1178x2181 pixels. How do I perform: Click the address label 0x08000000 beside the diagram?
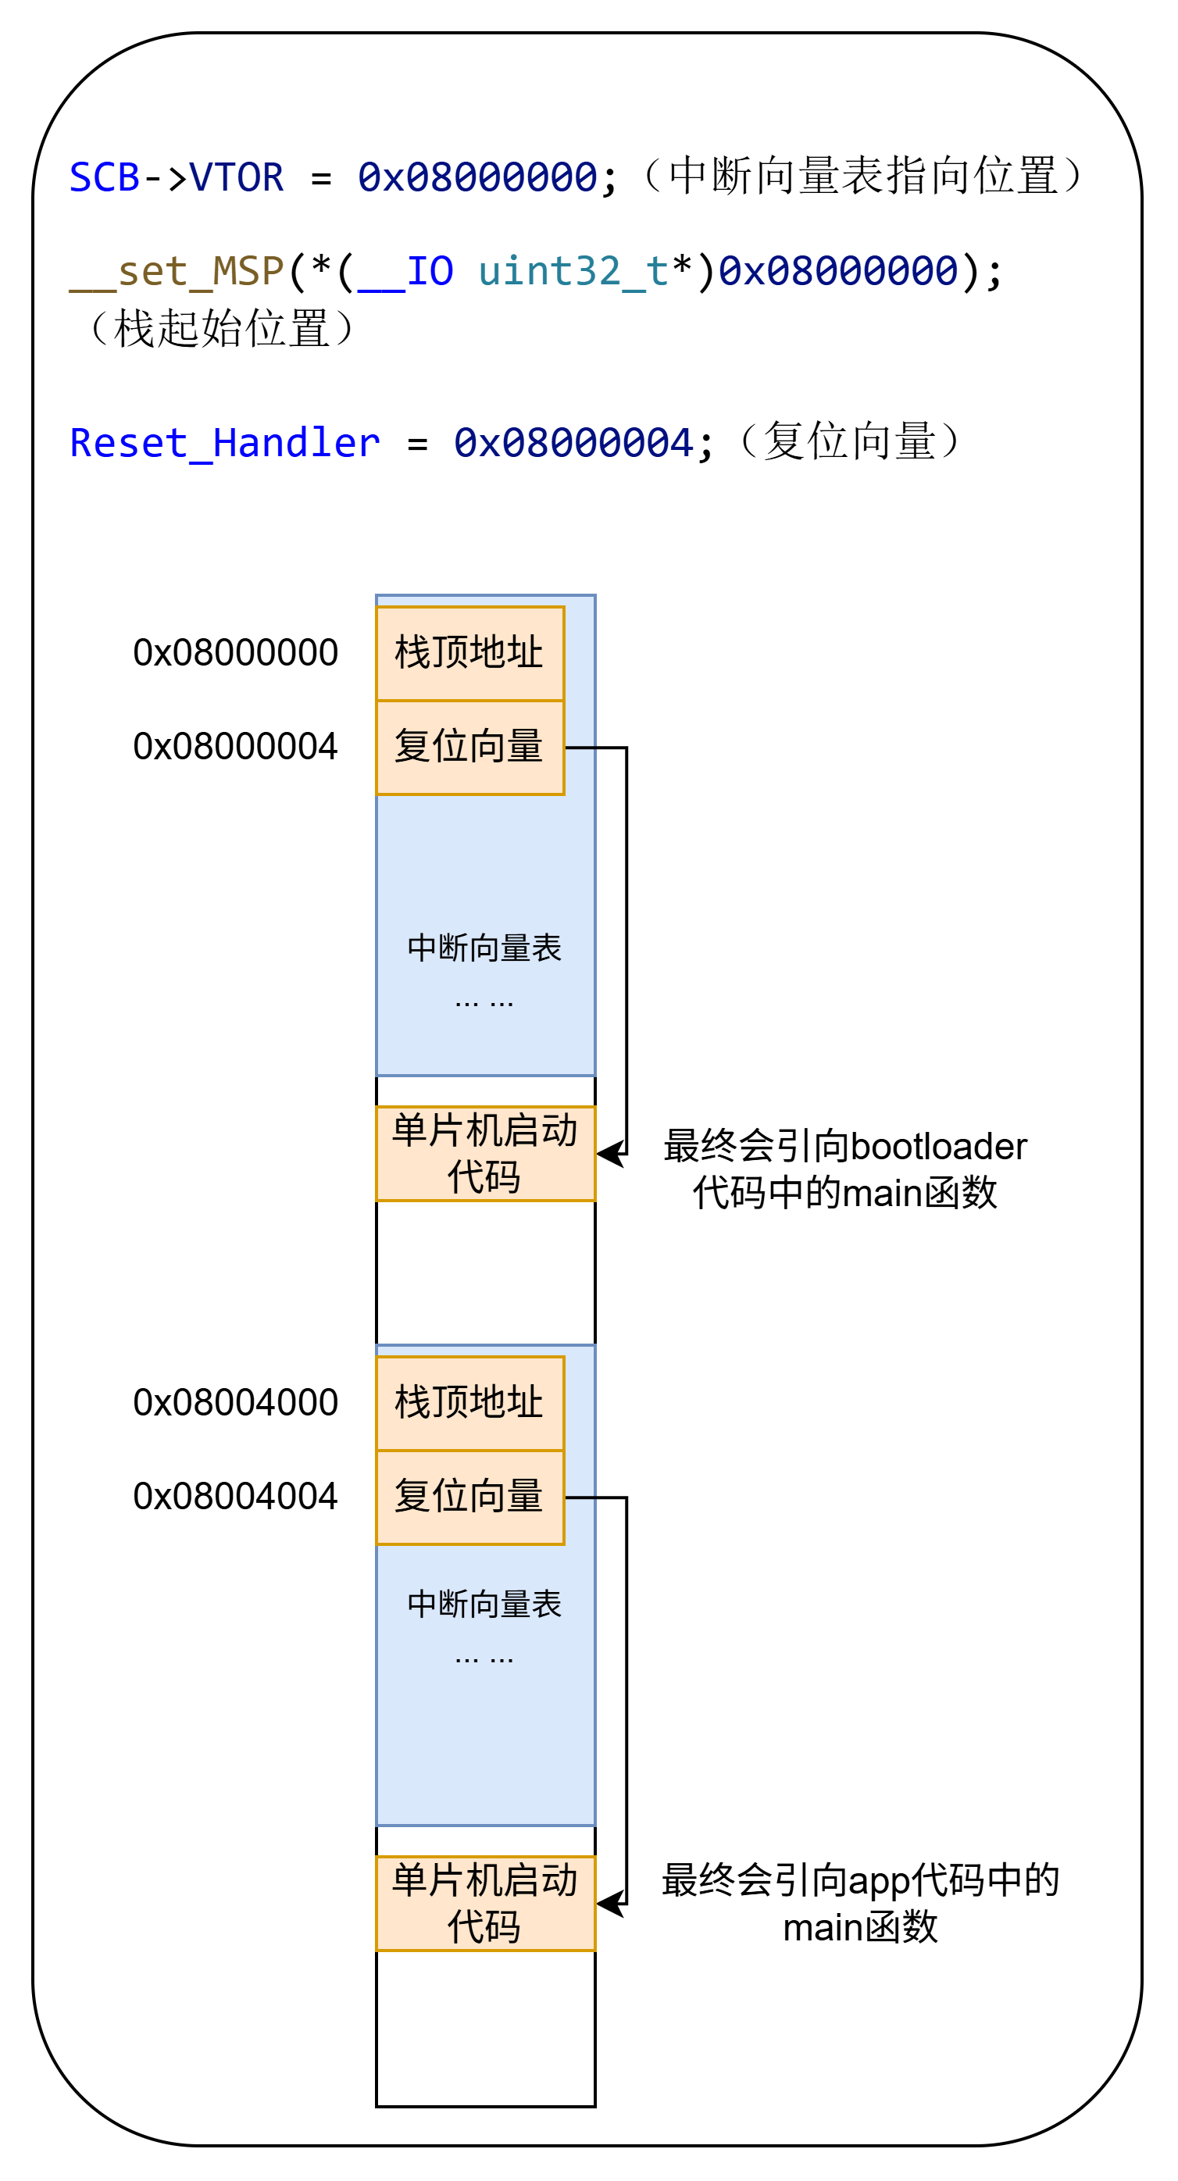point(235,653)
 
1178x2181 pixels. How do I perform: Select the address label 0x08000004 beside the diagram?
point(235,747)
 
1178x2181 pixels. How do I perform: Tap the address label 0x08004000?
point(235,1403)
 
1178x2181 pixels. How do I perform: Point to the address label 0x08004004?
point(235,1497)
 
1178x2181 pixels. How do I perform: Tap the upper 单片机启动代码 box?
point(485,1153)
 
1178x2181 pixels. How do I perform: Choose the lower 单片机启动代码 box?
point(485,1903)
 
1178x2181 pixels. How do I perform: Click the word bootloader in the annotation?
point(938,1147)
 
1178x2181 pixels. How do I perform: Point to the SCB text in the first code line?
point(104,178)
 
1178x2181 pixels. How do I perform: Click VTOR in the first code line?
point(236,178)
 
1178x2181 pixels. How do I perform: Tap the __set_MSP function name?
point(176,272)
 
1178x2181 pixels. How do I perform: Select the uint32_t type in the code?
point(573,272)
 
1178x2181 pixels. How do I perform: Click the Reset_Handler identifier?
point(224,444)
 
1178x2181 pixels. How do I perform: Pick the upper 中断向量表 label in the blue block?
point(484,948)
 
